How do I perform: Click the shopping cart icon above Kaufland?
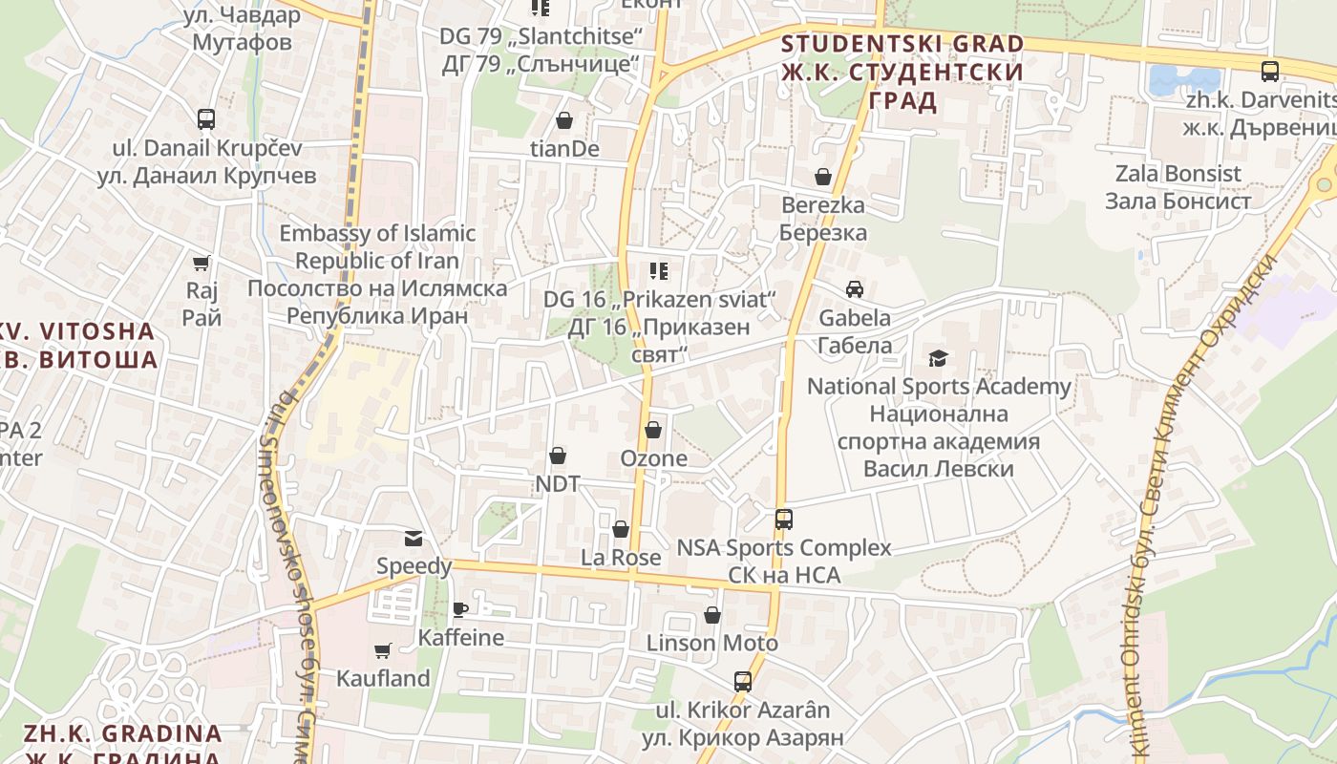383,650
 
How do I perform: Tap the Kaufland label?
383,678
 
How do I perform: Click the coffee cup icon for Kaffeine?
460,609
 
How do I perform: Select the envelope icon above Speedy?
414,539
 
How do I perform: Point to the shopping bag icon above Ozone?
653,431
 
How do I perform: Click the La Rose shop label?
621,557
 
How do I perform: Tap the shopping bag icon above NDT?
558,456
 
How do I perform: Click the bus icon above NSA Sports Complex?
784,520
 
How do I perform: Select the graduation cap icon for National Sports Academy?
939,359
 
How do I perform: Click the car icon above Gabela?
855,289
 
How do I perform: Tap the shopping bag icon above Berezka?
823,178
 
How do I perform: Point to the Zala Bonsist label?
1178,187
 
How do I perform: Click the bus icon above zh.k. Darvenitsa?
1270,71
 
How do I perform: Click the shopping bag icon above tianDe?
564,121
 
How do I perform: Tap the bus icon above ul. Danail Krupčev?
206,119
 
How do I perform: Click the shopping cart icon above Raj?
202,263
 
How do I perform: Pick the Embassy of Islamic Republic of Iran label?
377,274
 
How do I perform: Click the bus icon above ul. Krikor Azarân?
743,682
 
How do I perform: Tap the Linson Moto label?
712,643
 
